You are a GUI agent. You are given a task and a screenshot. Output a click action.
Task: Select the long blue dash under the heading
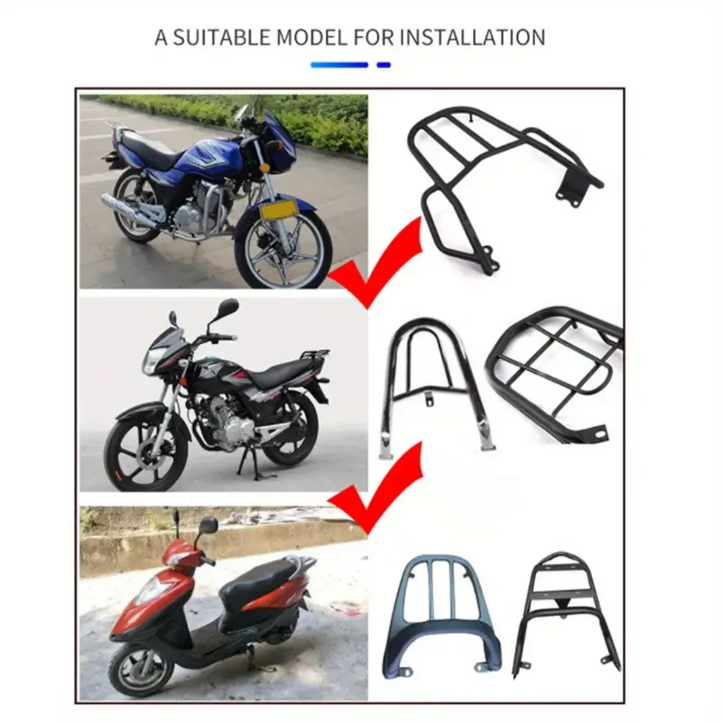(339, 65)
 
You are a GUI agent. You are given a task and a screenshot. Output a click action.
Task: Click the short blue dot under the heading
(384, 65)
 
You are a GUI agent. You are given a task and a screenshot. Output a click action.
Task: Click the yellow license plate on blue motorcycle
(281, 210)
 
